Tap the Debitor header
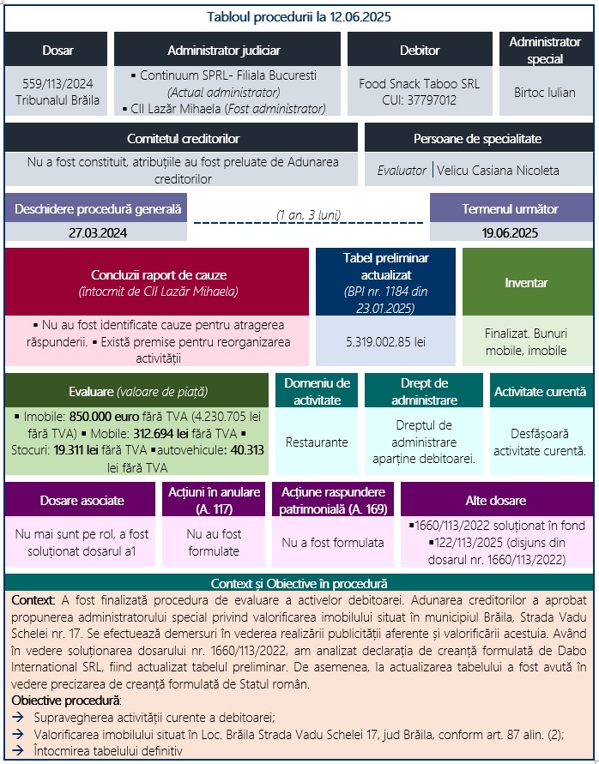click(420, 51)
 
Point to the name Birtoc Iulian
click(544, 92)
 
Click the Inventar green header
click(527, 282)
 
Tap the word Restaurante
click(317, 442)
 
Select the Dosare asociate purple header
click(82, 500)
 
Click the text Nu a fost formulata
click(334, 542)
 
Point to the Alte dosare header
click(496, 500)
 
